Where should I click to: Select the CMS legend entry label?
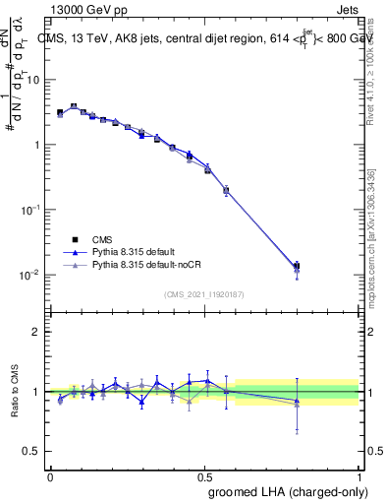pyautogui.click(x=102, y=239)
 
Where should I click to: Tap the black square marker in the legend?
pyautogui.click(x=75, y=239)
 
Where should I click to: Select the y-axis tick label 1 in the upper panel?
pyautogui.click(x=36, y=145)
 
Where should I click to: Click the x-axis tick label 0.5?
pyautogui.click(x=204, y=476)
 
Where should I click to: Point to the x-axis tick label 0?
pyautogui.click(x=50, y=476)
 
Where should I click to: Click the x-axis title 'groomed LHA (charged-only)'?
pyautogui.click(x=286, y=492)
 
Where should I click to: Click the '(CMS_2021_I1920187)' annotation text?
pyautogui.click(x=204, y=293)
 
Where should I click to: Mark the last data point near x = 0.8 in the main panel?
pyautogui.click(x=297, y=266)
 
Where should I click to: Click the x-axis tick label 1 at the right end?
pyautogui.click(x=358, y=476)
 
